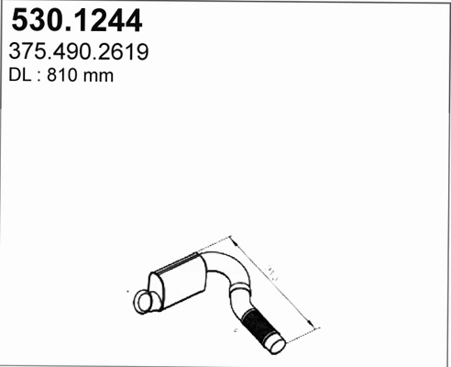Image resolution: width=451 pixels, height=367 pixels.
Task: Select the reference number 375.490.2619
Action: click(79, 52)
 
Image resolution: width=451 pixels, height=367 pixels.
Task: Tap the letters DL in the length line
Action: click(18, 77)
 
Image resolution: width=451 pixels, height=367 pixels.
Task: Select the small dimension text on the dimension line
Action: click(272, 272)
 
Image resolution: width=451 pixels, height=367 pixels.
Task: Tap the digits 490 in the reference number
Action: click(79, 52)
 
